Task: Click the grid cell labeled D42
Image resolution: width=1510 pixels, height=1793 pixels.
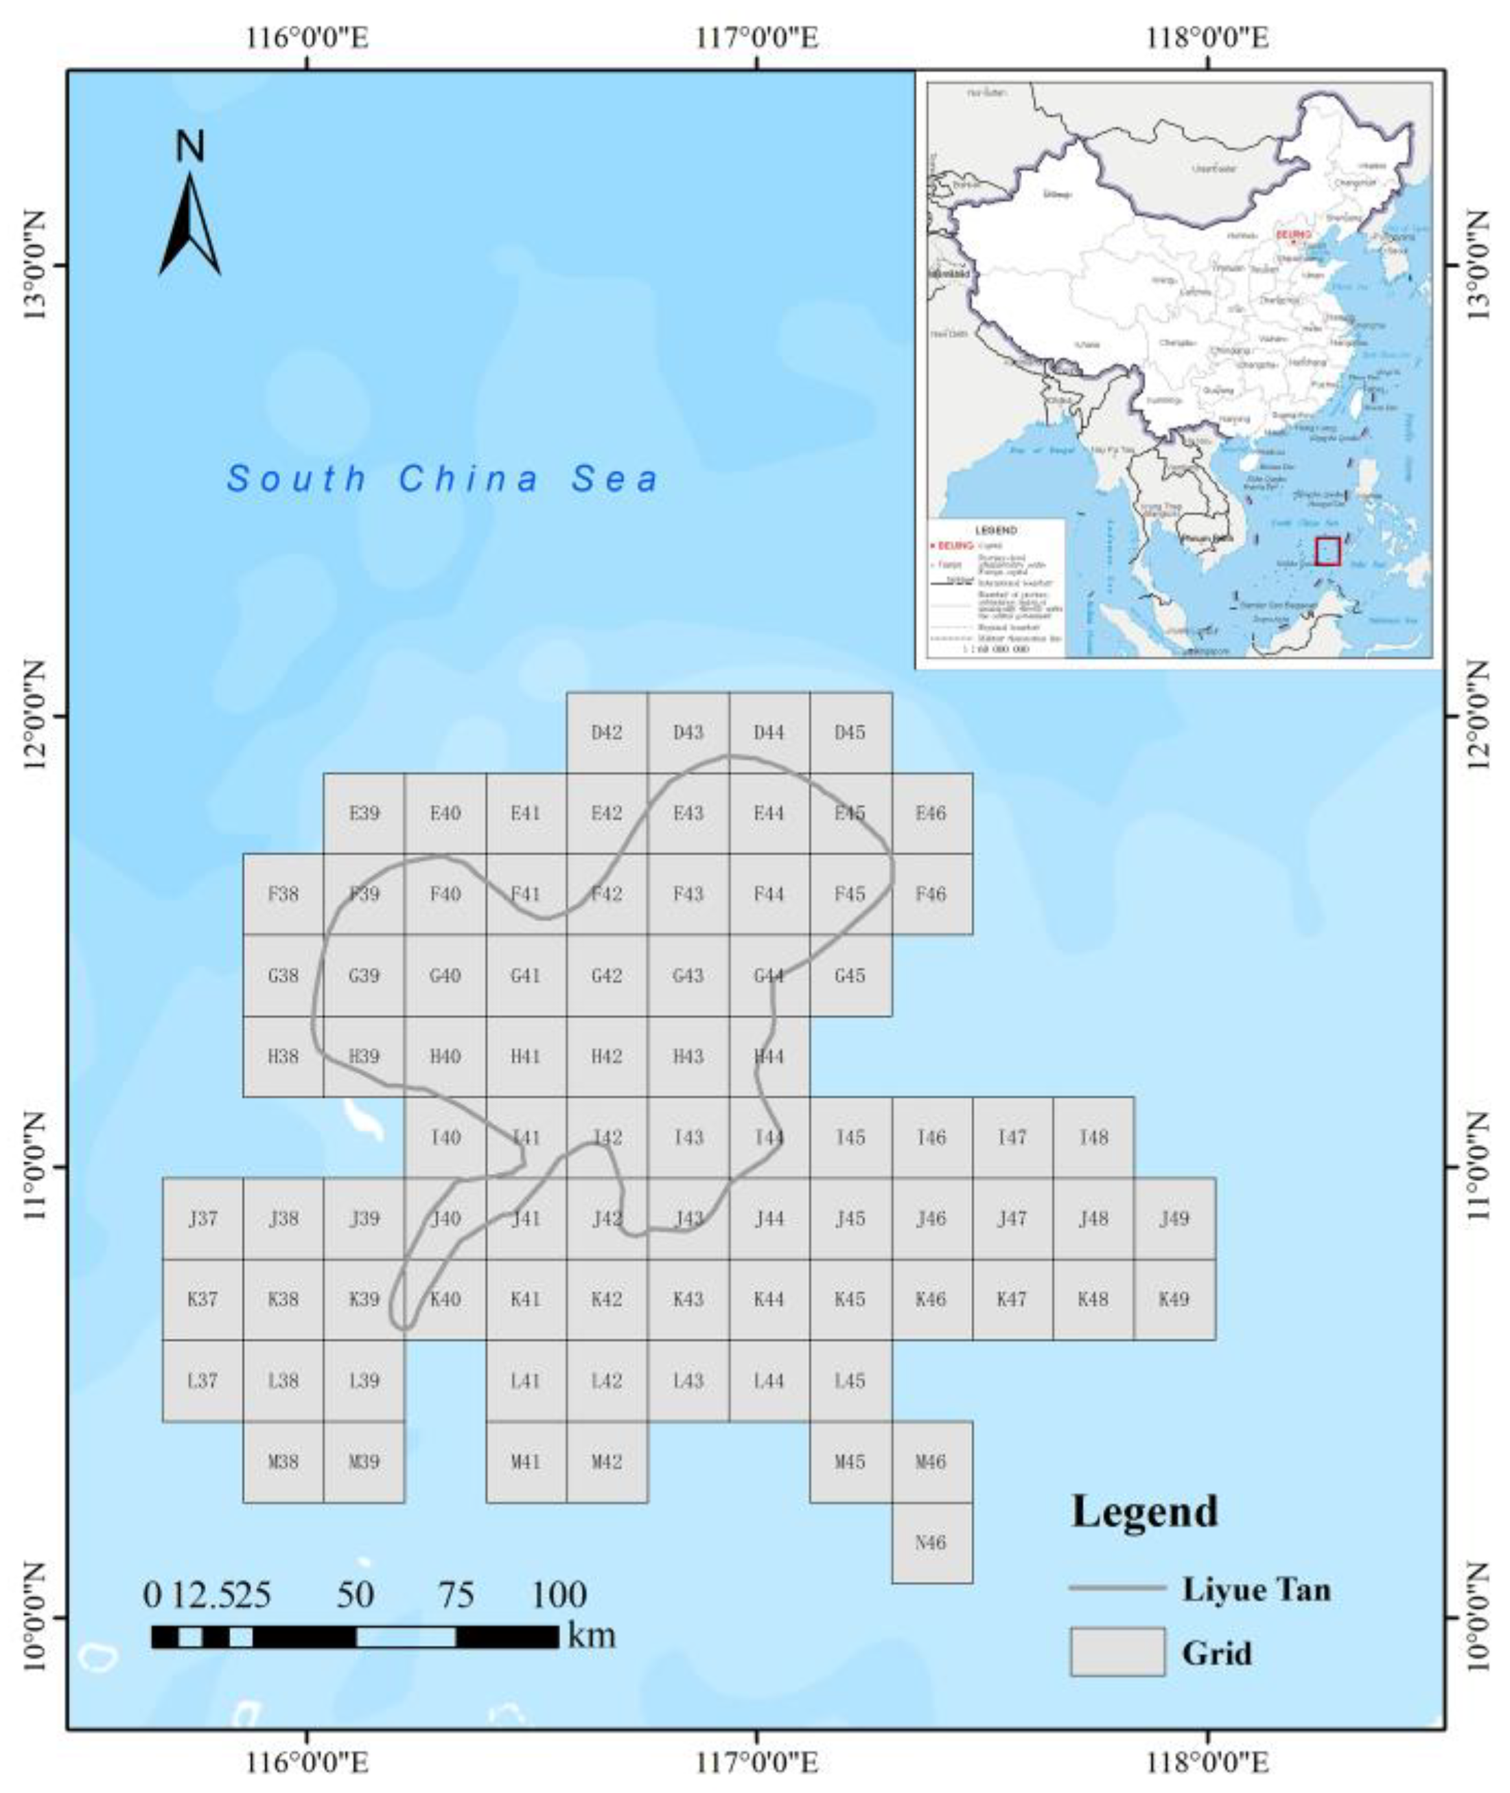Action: point(607,732)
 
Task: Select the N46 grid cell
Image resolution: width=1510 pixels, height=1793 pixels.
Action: point(931,1542)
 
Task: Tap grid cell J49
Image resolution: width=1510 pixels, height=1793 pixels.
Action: point(1174,1218)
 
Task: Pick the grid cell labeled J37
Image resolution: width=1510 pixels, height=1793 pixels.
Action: point(203,1218)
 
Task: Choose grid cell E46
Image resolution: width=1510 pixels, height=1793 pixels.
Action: point(931,812)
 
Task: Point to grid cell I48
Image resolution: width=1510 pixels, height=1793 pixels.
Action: point(1093,1137)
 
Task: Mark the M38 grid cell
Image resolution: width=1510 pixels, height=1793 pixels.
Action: point(283,1461)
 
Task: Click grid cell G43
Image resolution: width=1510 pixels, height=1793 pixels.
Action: point(688,975)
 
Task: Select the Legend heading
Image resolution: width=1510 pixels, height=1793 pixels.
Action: point(1144,1512)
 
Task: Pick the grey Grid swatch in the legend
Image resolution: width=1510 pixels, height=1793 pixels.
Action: point(1117,1652)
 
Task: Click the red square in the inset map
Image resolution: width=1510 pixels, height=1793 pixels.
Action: point(1327,551)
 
